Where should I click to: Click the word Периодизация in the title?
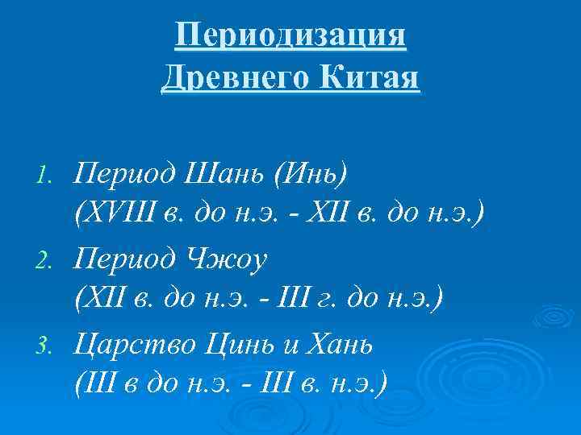(290, 37)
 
